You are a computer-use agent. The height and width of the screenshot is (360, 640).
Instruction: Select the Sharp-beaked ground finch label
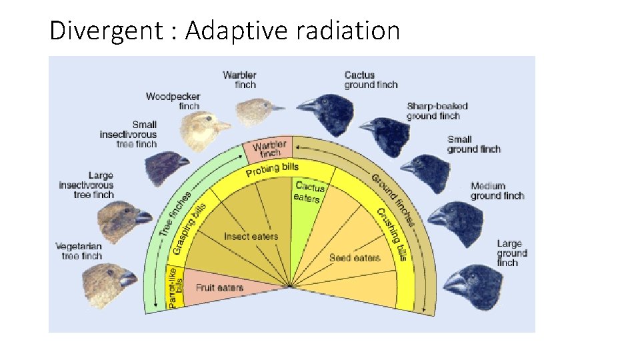click(437, 111)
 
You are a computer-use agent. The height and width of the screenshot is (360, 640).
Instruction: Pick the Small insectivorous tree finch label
click(129, 134)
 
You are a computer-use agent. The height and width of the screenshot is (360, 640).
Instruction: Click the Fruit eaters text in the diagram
click(219, 288)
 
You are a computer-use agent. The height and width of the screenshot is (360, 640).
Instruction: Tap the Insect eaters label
click(251, 237)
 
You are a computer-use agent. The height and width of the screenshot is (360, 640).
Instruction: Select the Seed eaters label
click(354, 258)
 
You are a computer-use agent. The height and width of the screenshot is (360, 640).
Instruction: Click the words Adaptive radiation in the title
click(293, 31)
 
